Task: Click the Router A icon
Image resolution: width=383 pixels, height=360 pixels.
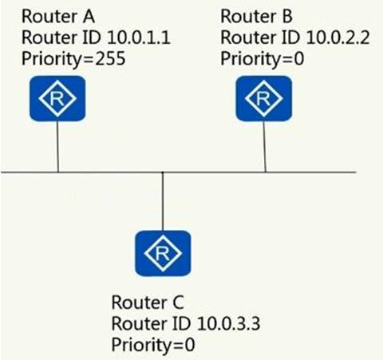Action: click(57, 98)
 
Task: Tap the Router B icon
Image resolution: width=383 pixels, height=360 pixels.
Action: click(264, 98)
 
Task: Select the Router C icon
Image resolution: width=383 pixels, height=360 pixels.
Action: click(163, 253)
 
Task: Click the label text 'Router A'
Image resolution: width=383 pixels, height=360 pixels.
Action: click(58, 16)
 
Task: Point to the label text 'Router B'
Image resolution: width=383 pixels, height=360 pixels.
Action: click(257, 16)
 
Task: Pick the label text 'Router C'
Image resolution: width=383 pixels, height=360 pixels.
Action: click(148, 303)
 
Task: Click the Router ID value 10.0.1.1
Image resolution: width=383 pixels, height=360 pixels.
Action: click(139, 38)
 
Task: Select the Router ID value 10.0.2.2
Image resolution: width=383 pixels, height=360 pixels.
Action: click(338, 38)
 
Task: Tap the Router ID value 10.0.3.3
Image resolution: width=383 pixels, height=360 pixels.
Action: click(229, 323)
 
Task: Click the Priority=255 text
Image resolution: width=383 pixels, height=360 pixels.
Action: click(73, 59)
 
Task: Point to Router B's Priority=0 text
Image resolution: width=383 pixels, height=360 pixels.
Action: click(263, 59)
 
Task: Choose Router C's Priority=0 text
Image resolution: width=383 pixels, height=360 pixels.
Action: click(153, 345)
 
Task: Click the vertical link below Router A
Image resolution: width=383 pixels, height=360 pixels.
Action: click(57, 147)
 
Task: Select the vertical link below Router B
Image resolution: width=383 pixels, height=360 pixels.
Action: click(265, 147)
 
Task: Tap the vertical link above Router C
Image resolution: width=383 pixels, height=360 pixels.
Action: click(163, 201)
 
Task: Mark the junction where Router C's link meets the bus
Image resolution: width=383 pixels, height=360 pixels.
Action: click(163, 172)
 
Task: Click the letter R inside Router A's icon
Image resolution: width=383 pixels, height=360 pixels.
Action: click(57, 98)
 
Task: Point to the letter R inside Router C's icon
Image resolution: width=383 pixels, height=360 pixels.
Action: click(163, 253)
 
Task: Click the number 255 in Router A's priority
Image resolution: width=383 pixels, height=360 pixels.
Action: click(110, 58)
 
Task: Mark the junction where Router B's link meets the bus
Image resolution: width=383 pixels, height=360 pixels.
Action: click(265, 172)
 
